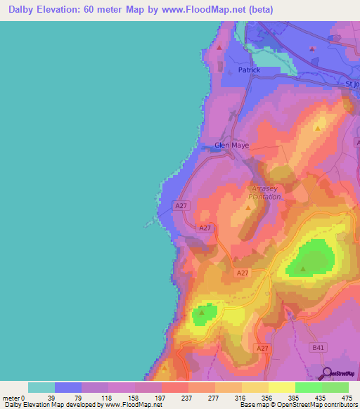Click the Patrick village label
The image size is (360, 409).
click(x=249, y=70)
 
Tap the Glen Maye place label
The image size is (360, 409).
click(x=231, y=145)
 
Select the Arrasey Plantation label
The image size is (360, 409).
click(x=266, y=193)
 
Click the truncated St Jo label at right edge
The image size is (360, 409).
click(x=352, y=84)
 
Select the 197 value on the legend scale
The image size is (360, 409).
click(x=162, y=397)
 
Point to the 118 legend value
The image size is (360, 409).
click(x=108, y=397)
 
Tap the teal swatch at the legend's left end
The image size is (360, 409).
click(x=41, y=387)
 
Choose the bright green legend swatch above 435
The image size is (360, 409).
click(x=308, y=387)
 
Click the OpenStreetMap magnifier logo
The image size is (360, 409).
click(x=327, y=374)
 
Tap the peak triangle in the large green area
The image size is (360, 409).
click(x=303, y=268)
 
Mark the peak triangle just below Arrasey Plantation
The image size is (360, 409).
click(x=249, y=207)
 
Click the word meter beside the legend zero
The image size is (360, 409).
click(x=11, y=397)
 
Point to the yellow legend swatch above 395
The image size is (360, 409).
click(x=281, y=387)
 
